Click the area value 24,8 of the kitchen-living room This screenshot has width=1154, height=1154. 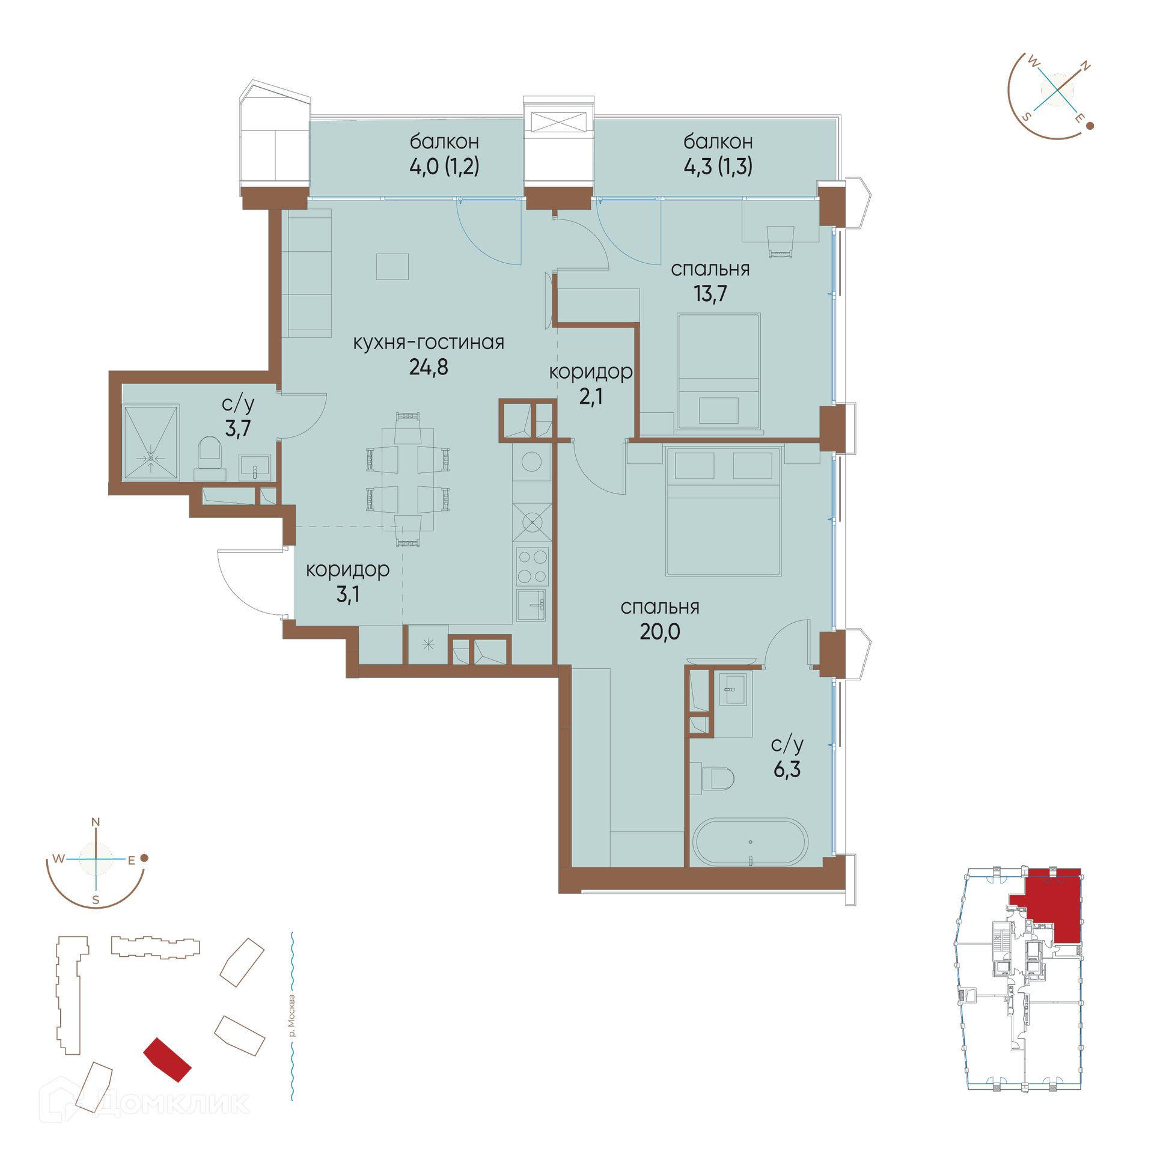pos(429,367)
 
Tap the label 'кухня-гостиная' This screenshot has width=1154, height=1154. pos(429,342)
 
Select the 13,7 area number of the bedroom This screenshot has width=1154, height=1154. pos(710,293)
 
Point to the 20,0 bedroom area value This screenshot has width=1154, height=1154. pos(660,632)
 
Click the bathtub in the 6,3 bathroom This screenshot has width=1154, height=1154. pos(750,842)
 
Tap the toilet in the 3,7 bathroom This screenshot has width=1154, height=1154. pos(210,454)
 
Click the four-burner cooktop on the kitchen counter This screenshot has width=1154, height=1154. pos(532,566)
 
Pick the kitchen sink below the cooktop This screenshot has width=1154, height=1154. pos(531,605)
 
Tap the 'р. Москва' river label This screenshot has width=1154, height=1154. pos(292,1016)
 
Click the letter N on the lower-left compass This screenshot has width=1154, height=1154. pos(96,822)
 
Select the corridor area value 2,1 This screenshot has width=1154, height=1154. pos(591,397)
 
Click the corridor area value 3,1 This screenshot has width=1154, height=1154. pos(348,594)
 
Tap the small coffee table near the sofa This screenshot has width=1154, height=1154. pos(392,266)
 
